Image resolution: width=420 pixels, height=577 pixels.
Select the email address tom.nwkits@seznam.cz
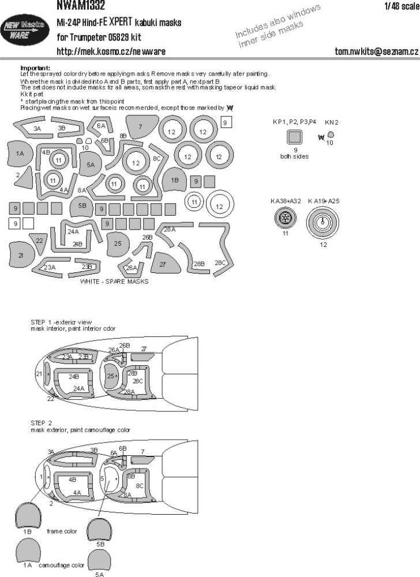(x=376, y=51)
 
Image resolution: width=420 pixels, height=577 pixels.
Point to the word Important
(x=35, y=68)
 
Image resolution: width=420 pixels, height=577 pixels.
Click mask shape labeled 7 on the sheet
(x=140, y=126)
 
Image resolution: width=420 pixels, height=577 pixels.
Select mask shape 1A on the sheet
(x=20, y=153)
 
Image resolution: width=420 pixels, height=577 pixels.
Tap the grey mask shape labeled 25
(x=117, y=243)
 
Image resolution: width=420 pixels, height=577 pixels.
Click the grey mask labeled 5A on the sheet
(x=91, y=164)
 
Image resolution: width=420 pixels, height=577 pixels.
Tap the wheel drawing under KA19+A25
(x=324, y=223)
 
